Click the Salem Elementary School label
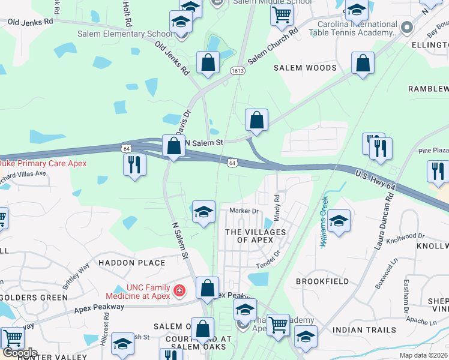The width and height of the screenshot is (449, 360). pos(124,34)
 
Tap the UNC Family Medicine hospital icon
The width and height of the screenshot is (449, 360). pos(179,292)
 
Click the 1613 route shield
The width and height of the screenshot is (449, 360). pos(238,71)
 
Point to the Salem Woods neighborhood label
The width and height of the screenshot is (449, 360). pos(305,68)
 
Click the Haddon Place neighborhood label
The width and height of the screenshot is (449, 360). pos(131,263)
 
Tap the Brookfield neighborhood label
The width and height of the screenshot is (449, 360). pos(323,281)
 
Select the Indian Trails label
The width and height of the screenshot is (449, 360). pos(364,329)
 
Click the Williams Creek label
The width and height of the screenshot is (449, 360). pos(325,223)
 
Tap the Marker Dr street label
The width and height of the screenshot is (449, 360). pos(244,211)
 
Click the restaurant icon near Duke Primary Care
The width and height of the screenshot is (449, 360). pos(134,164)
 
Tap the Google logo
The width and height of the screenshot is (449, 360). pos(20,353)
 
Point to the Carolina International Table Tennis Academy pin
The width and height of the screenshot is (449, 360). pos(407,28)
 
